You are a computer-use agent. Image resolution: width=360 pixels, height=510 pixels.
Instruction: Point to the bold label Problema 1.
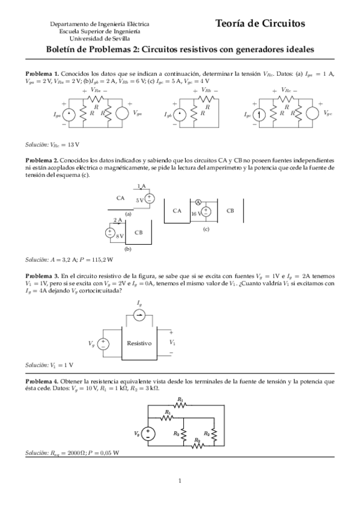(x=41, y=73)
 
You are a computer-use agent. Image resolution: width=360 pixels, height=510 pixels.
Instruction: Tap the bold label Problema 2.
(x=41, y=161)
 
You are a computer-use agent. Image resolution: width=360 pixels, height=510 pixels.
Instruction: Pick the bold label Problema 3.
(x=41, y=276)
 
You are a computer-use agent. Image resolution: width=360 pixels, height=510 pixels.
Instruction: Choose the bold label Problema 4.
(x=41, y=382)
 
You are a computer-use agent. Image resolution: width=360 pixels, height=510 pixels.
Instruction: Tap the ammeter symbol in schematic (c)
(x=197, y=203)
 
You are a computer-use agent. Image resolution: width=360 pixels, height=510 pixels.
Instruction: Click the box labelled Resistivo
(x=139, y=343)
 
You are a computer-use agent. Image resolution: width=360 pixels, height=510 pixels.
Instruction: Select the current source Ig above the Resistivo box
(x=139, y=316)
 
